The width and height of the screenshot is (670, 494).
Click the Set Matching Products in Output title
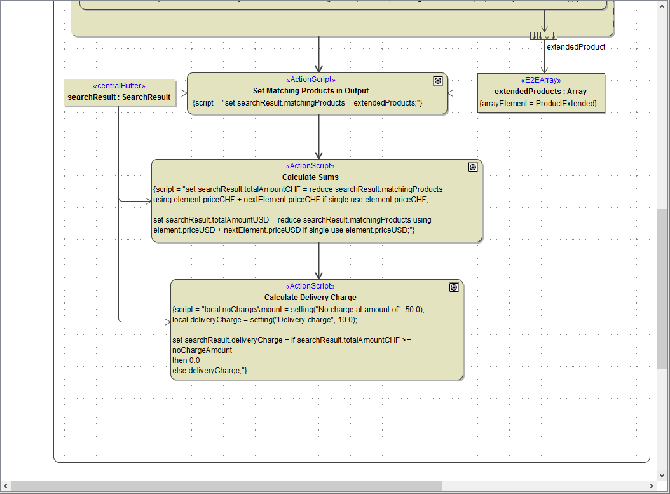click(x=310, y=91)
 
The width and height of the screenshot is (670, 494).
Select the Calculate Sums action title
click(x=310, y=177)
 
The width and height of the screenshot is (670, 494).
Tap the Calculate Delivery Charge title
click(x=310, y=298)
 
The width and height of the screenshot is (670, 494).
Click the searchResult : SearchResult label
click(x=119, y=97)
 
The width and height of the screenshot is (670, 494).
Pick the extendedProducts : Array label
click(x=540, y=92)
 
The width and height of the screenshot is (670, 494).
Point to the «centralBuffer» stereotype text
click(x=119, y=86)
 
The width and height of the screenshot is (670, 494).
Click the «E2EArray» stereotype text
click(x=540, y=80)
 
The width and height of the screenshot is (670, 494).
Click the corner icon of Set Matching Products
click(x=437, y=81)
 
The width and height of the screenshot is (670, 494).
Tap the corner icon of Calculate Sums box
click(x=472, y=167)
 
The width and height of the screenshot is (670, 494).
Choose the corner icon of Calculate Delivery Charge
click(x=453, y=287)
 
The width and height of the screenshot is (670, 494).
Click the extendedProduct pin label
click(x=576, y=47)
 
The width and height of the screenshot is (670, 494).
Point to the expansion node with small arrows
click(x=544, y=36)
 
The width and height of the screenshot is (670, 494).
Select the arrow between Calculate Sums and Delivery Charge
click(x=319, y=261)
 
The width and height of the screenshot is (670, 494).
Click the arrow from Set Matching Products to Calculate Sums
click(x=319, y=137)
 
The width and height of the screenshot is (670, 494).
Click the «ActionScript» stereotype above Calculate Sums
click(x=310, y=167)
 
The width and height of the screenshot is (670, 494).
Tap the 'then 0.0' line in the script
click(x=186, y=360)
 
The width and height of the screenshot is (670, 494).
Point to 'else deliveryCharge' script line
click(x=209, y=371)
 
